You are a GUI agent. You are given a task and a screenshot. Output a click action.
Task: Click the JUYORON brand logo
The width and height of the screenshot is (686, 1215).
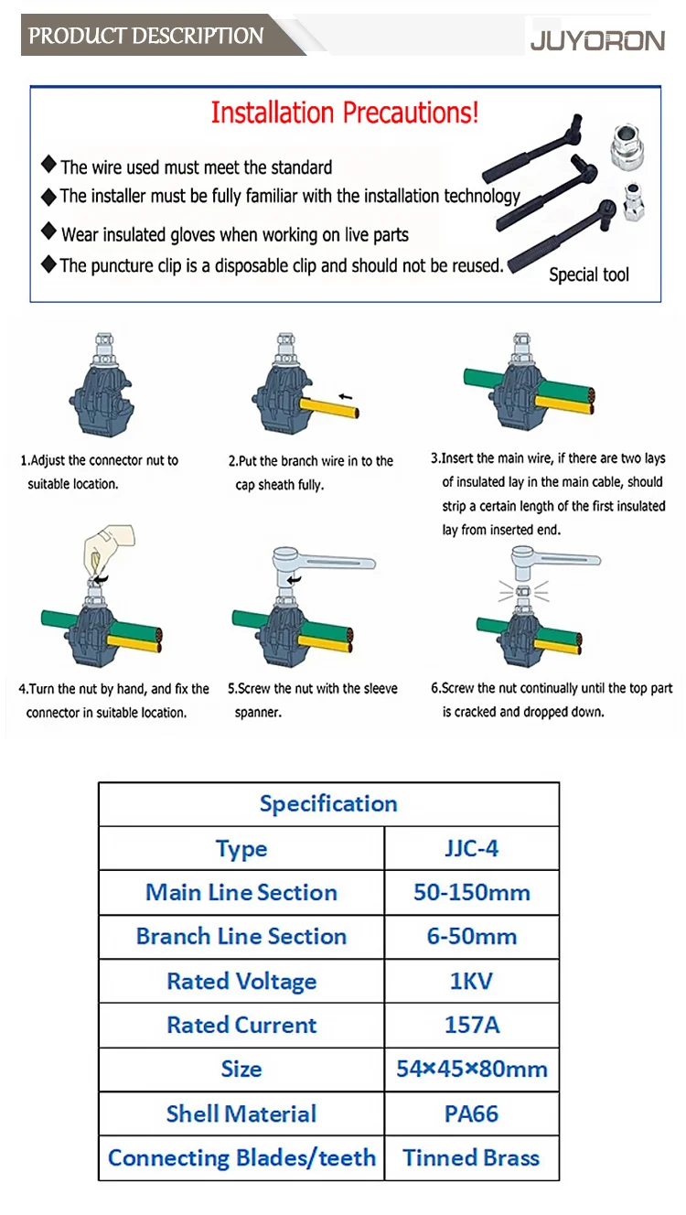[x=597, y=41]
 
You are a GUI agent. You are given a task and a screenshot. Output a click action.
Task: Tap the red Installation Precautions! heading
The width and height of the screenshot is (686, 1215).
[x=344, y=113]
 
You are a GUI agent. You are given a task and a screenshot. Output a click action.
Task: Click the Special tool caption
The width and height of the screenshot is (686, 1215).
[x=589, y=274]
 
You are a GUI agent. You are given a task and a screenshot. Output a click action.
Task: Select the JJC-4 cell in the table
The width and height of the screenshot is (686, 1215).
[x=471, y=848]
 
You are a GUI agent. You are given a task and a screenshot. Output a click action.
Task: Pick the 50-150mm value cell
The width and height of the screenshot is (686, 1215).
[x=472, y=892]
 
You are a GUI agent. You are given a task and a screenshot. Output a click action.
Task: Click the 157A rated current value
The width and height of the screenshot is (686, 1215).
[x=472, y=1025]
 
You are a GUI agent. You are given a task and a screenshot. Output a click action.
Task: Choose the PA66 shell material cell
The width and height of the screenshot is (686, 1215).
[x=471, y=1113]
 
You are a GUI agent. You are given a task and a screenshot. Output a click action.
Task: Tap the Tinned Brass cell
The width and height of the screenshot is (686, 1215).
[x=471, y=1157]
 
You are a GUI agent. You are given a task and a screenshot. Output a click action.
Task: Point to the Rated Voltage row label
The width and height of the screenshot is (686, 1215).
[x=241, y=981]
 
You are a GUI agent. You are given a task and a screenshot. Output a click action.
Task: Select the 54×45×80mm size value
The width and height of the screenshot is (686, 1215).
[x=472, y=1070]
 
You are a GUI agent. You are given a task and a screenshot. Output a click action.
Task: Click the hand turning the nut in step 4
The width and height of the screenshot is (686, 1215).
[x=107, y=550]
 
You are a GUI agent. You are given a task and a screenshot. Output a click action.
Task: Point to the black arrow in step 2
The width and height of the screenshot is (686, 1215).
[x=346, y=396]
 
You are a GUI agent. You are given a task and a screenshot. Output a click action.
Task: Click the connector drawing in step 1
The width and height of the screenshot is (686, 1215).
[x=102, y=384]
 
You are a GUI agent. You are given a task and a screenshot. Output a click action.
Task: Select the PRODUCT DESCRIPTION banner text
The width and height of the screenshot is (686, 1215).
[x=145, y=36]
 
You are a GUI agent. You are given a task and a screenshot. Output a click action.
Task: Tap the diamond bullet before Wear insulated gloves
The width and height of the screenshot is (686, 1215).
[x=48, y=231]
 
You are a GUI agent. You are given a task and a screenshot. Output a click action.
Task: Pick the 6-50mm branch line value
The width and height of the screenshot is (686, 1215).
[x=472, y=937]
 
